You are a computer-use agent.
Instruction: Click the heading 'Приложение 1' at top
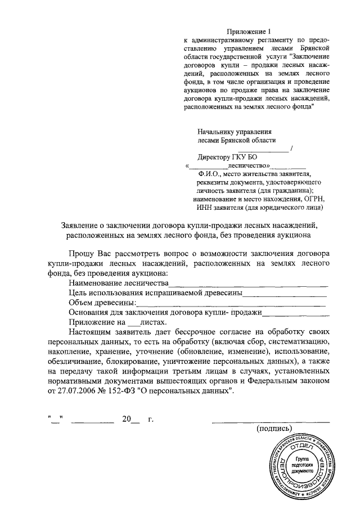(x=248, y=30)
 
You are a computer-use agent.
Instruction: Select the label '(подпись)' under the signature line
(x=274, y=429)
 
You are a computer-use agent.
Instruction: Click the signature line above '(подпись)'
(x=270, y=420)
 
